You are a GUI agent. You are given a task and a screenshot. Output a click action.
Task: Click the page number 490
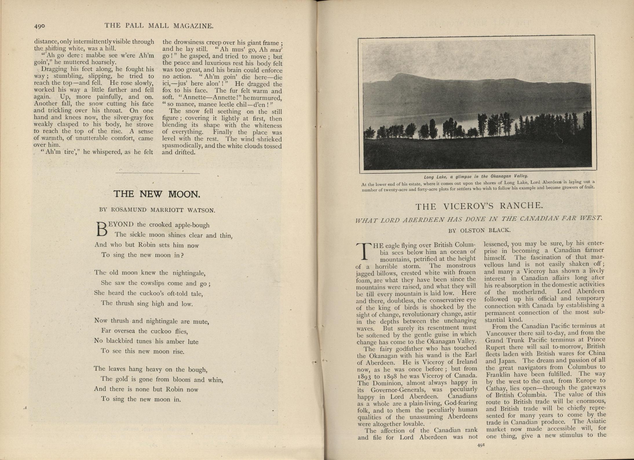(40, 26)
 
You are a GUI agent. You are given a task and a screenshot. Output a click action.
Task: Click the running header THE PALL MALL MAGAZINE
(159, 26)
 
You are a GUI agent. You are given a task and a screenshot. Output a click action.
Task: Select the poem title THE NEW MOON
(157, 194)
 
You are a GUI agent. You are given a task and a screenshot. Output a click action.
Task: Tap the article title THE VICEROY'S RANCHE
(479, 206)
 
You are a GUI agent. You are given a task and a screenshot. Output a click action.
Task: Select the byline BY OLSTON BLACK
(479, 230)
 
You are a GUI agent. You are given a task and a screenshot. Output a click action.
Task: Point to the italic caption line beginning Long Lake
(472, 176)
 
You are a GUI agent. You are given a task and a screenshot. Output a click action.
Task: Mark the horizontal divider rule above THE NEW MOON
(158, 173)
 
